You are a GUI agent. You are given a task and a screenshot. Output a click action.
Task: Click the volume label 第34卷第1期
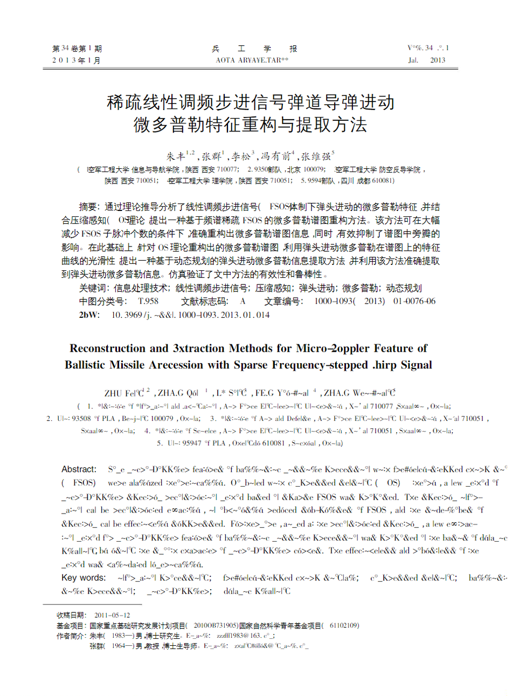(x=77, y=49)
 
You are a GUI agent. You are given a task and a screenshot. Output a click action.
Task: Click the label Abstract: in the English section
(x=79, y=469)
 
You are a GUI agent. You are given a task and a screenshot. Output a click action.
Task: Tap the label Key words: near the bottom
(x=84, y=578)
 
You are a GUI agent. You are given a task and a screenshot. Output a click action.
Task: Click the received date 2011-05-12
(x=112, y=615)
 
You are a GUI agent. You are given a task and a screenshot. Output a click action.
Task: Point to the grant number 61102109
(x=344, y=626)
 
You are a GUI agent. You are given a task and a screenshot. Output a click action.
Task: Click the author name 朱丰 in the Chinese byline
(x=176, y=157)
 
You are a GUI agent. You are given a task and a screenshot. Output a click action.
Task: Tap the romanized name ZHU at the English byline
(x=113, y=393)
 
